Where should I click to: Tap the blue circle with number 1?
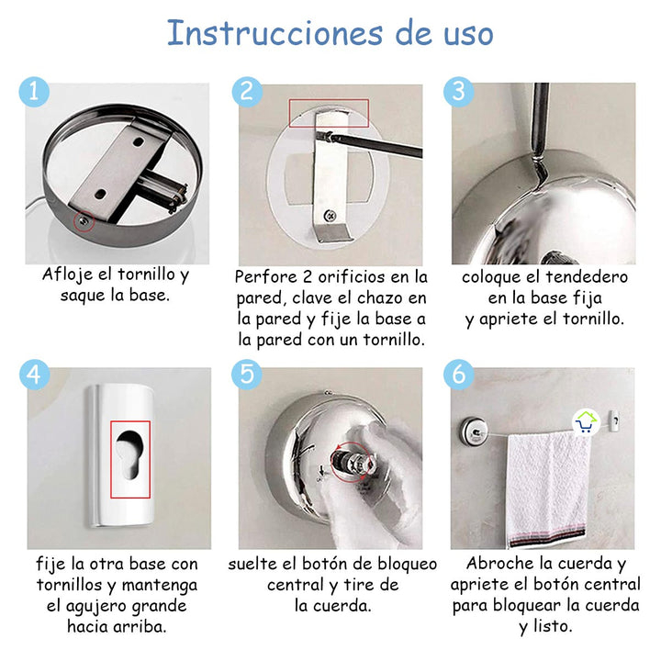34,92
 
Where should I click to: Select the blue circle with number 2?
246,92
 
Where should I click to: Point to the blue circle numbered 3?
458,92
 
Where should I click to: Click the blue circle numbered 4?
34,375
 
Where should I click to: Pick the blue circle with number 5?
246,375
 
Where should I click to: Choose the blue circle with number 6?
458,375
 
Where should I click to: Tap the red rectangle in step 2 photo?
329,113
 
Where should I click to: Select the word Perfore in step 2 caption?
266,277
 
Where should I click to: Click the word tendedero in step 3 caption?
583,277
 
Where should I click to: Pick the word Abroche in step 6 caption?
502,564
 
